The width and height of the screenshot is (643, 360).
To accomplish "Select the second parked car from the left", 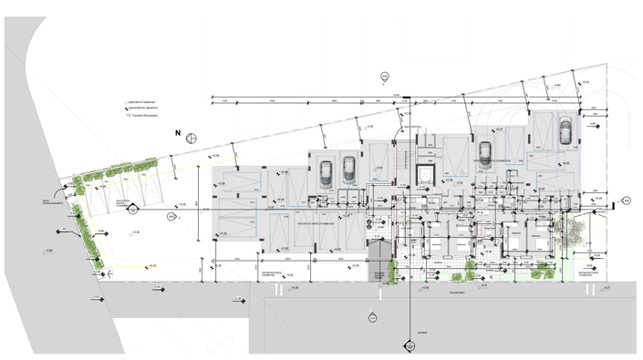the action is coord(348,169).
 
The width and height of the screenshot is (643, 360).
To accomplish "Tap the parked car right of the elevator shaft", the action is coord(485,151).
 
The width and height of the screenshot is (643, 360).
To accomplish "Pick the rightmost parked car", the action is coord(565,132).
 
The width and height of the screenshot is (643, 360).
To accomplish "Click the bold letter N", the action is coord(178,134).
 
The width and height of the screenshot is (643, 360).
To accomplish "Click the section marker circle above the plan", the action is coord(385,76).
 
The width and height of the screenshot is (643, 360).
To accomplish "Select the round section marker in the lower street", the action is coord(372,317).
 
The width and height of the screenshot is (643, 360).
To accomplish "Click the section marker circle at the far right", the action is coord(626,198).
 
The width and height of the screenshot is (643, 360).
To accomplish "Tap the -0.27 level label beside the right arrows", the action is coord(606,288).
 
